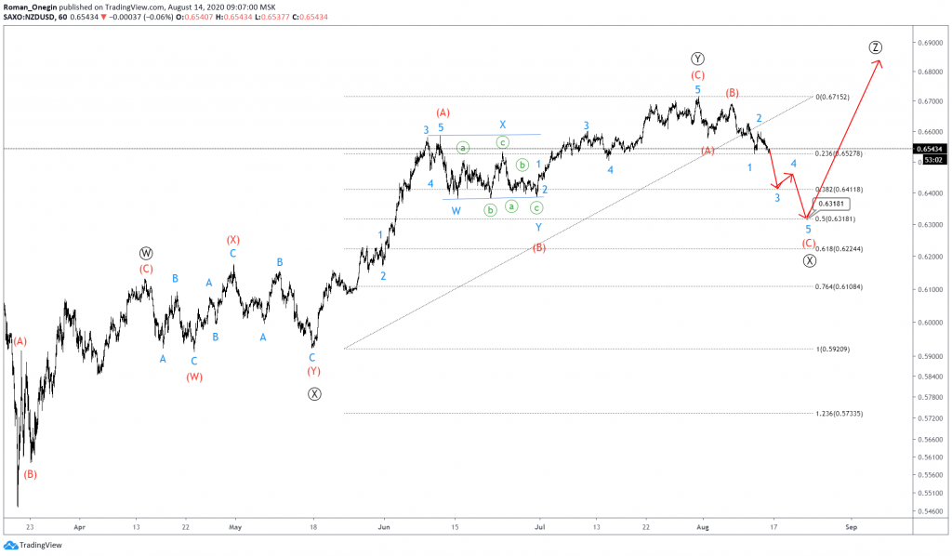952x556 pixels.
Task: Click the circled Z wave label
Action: (876, 47)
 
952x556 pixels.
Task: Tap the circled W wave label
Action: (146, 252)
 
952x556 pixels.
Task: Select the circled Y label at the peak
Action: (697, 58)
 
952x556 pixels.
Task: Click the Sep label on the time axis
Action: (851, 526)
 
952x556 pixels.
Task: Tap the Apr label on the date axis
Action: (78, 526)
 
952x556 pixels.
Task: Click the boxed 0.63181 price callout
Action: (831, 204)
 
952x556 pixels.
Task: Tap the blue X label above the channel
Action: (502, 125)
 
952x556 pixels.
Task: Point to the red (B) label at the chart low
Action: (30, 474)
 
